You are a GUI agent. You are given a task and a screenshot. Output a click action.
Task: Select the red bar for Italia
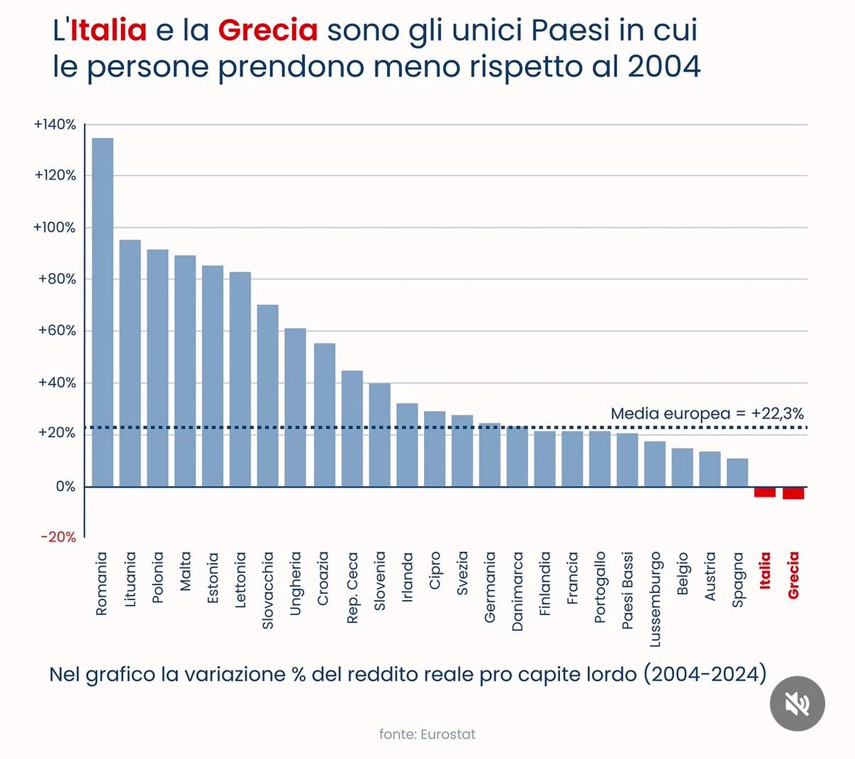click(765, 492)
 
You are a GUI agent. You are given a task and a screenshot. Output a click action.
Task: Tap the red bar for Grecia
click(793, 493)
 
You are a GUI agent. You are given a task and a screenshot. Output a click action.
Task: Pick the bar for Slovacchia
click(268, 396)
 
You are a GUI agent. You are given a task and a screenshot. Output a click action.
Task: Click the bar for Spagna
click(737, 473)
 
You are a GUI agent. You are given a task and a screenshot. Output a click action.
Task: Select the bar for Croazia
click(324, 415)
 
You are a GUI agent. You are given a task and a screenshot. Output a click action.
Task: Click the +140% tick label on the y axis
click(55, 125)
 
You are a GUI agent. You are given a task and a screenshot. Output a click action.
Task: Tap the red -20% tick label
click(58, 537)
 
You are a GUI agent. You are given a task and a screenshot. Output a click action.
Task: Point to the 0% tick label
click(65, 487)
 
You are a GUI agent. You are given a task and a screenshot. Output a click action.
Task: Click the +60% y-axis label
click(56, 331)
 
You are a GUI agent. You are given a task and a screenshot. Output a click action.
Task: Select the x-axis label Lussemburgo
click(655, 599)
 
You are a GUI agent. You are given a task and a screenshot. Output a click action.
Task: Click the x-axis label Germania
click(489, 587)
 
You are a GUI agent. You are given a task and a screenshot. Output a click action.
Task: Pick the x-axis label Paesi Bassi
click(628, 590)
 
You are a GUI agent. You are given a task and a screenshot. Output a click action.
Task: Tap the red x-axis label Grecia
click(793, 575)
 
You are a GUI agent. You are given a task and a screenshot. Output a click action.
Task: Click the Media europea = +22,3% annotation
click(707, 413)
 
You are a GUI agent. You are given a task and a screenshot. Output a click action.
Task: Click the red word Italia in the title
click(108, 30)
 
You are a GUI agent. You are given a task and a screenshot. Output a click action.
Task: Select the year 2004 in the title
click(664, 66)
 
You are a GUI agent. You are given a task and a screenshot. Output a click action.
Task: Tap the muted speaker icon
click(797, 703)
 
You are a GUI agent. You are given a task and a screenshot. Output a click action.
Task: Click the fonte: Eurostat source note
click(427, 734)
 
